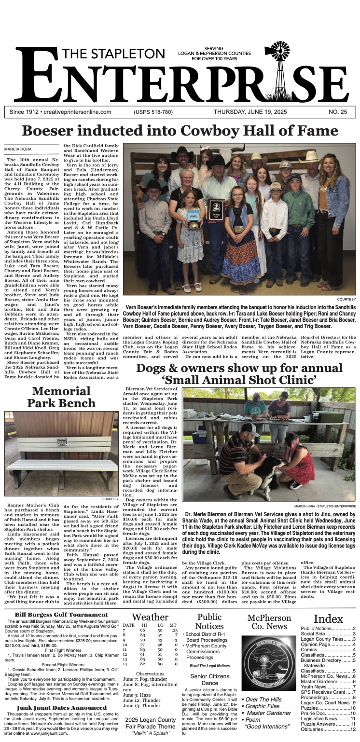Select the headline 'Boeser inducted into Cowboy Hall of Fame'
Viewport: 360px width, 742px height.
click(x=180, y=131)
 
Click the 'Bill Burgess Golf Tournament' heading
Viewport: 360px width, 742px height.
click(x=61, y=615)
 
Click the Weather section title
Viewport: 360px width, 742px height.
click(x=150, y=617)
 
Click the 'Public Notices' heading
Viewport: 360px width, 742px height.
click(x=209, y=622)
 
